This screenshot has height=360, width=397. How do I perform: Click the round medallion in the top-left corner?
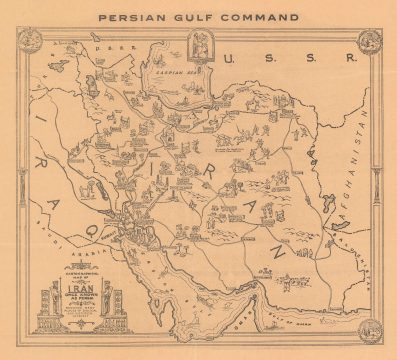[29, 41]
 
